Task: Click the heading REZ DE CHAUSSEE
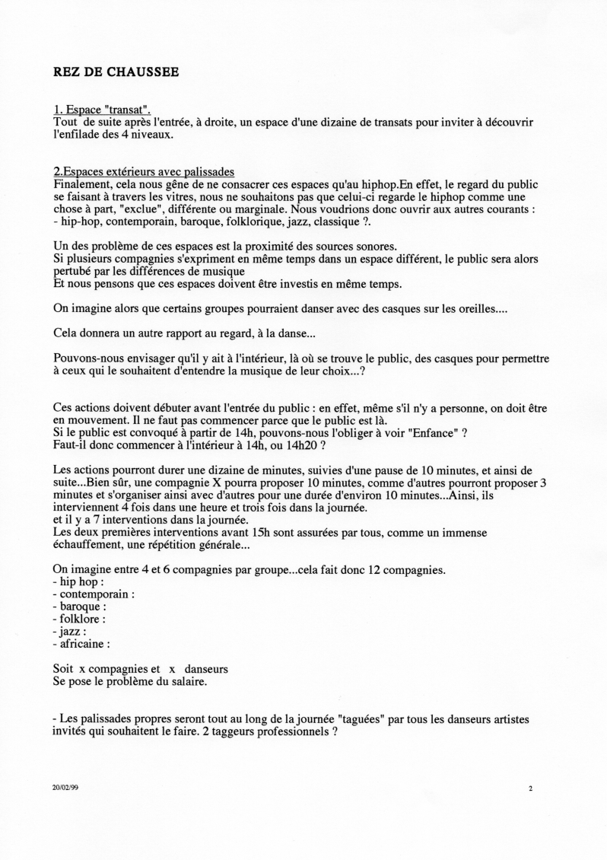point(116,73)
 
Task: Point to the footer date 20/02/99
point(65,788)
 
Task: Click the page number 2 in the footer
point(530,789)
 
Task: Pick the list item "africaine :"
point(82,643)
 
